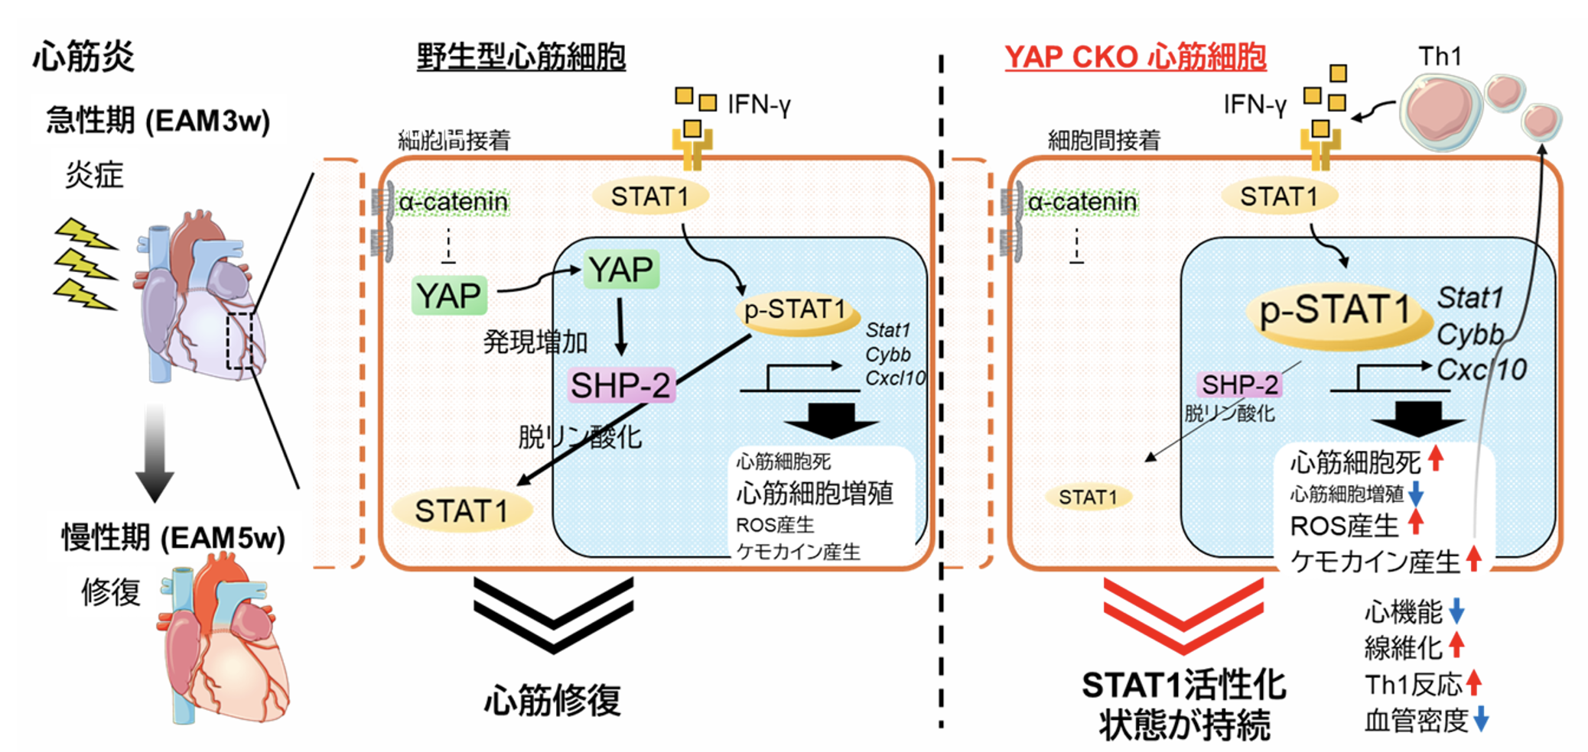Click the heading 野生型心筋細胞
[521, 57]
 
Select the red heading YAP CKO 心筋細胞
[1135, 57]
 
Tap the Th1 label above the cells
[1440, 56]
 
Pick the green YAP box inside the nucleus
[620, 269]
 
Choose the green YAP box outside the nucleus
[449, 295]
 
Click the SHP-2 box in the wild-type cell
[620, 385]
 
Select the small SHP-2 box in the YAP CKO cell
[1239, 384]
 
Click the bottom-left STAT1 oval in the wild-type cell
[462, 511]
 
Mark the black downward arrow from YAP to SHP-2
[620, 326]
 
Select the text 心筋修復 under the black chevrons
[552, 699]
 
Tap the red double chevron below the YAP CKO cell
[1183, 616]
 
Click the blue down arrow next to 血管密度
[1481, 719]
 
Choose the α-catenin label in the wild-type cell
[453, 202]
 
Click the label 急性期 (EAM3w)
[158, 120]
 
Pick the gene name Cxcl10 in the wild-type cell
[895, 378]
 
